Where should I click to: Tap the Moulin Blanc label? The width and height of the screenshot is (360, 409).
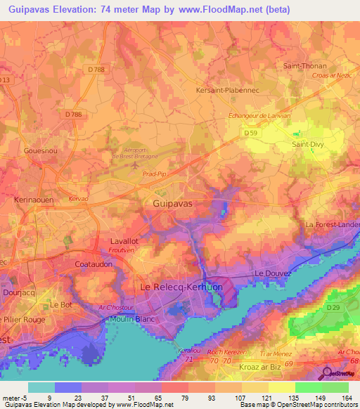click(131, 320)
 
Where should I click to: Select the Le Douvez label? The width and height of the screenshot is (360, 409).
click(271, 273)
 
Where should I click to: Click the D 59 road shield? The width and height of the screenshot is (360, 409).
click(251, 132)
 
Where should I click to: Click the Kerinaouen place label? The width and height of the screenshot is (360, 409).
click(34, 200)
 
